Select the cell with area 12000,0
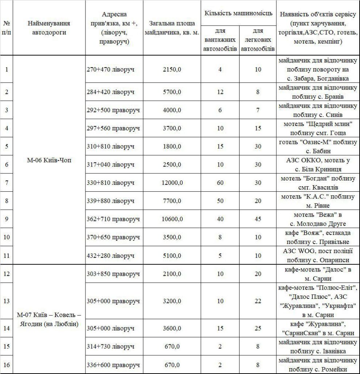(172, 182)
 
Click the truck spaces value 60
(220, 182)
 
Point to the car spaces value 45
(258, 219)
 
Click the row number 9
(7, 219)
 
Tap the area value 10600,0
(172, 219)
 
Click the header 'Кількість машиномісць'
(238, 14)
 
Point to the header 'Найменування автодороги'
(49, 28)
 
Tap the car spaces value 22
(258, 301)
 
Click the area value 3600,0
(172, 328)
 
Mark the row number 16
(7, 365)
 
